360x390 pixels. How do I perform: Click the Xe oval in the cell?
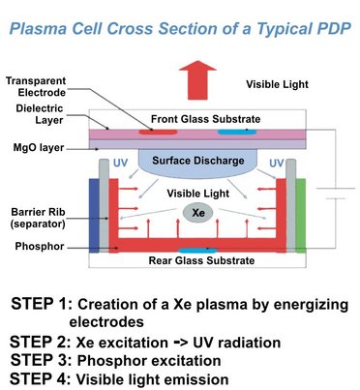[x=198, y=212]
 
